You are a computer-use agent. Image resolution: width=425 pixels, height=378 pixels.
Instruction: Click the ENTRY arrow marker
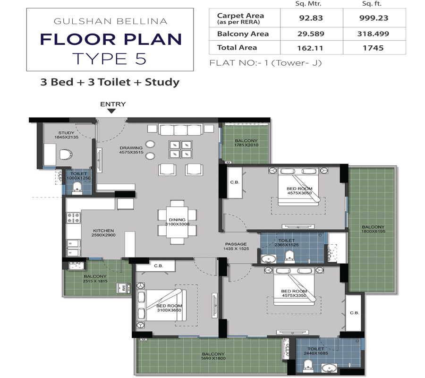(111, 111)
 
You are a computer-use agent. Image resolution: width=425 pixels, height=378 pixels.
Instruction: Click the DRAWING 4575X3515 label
(131, 151)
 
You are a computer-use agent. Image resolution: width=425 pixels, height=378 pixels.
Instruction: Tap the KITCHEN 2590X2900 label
(103, 233)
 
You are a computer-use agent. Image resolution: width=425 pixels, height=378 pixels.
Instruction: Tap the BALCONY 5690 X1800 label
(213, 356)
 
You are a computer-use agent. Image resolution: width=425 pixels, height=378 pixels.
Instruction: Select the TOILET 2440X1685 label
(316, 351)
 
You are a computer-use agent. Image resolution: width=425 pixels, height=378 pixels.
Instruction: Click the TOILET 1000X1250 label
(78, 176)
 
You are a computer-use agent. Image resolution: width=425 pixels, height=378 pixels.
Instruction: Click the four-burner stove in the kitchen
(73, 218)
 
